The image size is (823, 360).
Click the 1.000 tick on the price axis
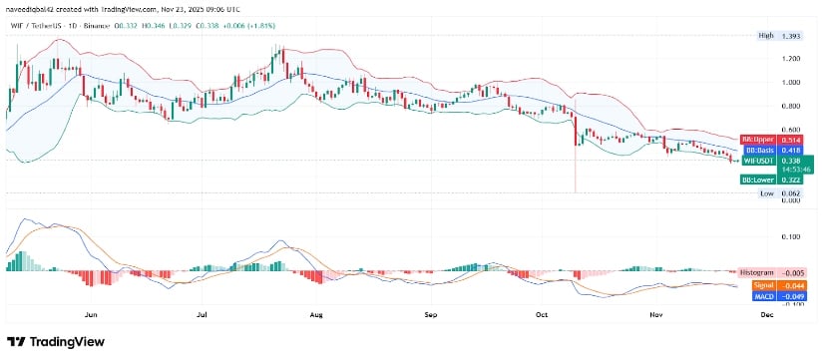792,83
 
